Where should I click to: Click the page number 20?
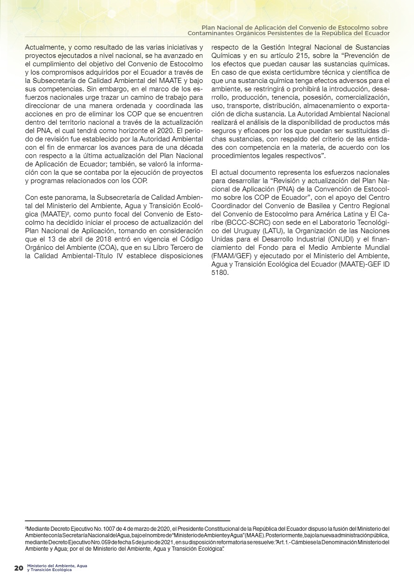pyautogui.click(x=19, y=568)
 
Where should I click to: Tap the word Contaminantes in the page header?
pyautogui.click(x=213, y=34)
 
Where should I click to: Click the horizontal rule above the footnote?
pyautogui.click(x=127, y=521)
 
